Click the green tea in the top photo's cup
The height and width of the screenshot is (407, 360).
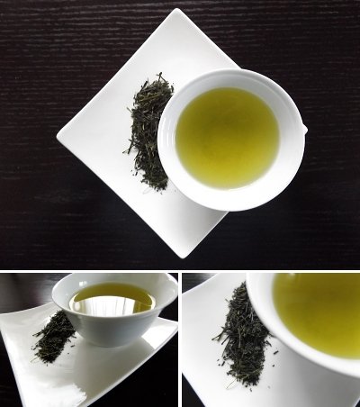(227, 137)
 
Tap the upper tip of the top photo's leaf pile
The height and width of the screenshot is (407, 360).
(163, 76)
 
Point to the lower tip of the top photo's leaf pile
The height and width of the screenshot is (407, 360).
(164, 189)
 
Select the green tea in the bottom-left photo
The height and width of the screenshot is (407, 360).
(112, 296)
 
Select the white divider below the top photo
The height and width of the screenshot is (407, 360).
(180, 270)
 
